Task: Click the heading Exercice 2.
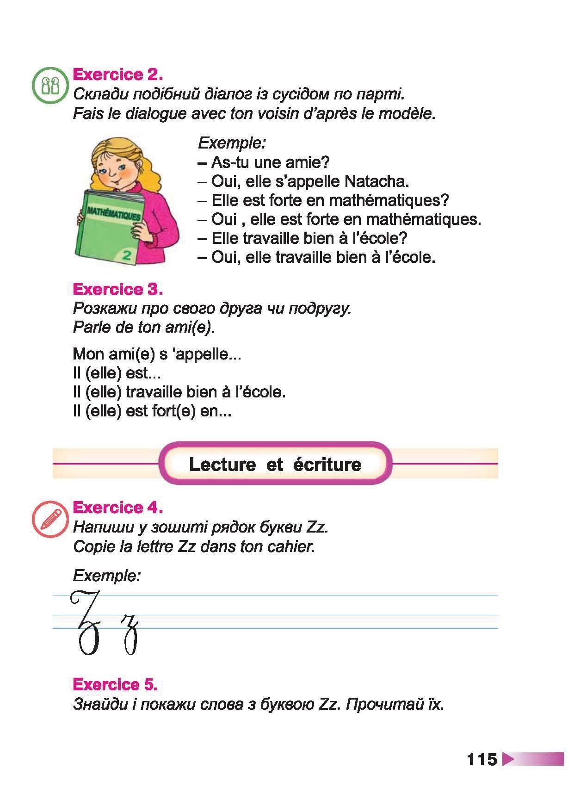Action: (x=117, y=74)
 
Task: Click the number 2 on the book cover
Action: (x=127, y=254)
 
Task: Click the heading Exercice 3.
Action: (x=117, y=289)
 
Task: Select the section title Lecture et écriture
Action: (x=275, y=464)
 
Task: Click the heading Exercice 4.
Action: (x=117, y=508)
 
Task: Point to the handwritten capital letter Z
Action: (x=86, y=622)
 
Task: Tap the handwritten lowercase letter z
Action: (x=130, y=633)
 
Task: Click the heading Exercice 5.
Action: (x=115, y=684)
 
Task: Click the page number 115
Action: (x=481, y=760)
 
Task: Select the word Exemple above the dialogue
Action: (x=232, y=143)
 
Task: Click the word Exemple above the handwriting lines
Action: (x=106, y=576)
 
